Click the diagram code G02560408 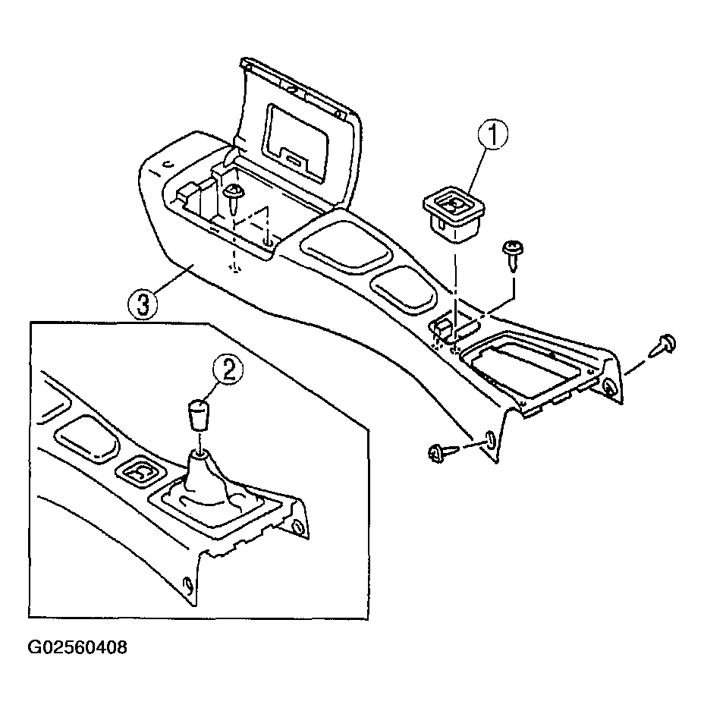(x=77, y=647)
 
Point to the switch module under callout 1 (x=454, y=215)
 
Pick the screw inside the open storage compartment (x=234, y=198)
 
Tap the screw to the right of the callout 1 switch (x=513, y=255)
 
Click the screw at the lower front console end (x=443, y=452)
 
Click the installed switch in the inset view (x=140, y=473)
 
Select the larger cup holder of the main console (x=344, y=245)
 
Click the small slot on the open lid (x=293, y=161)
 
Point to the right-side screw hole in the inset (x=299, y=527)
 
